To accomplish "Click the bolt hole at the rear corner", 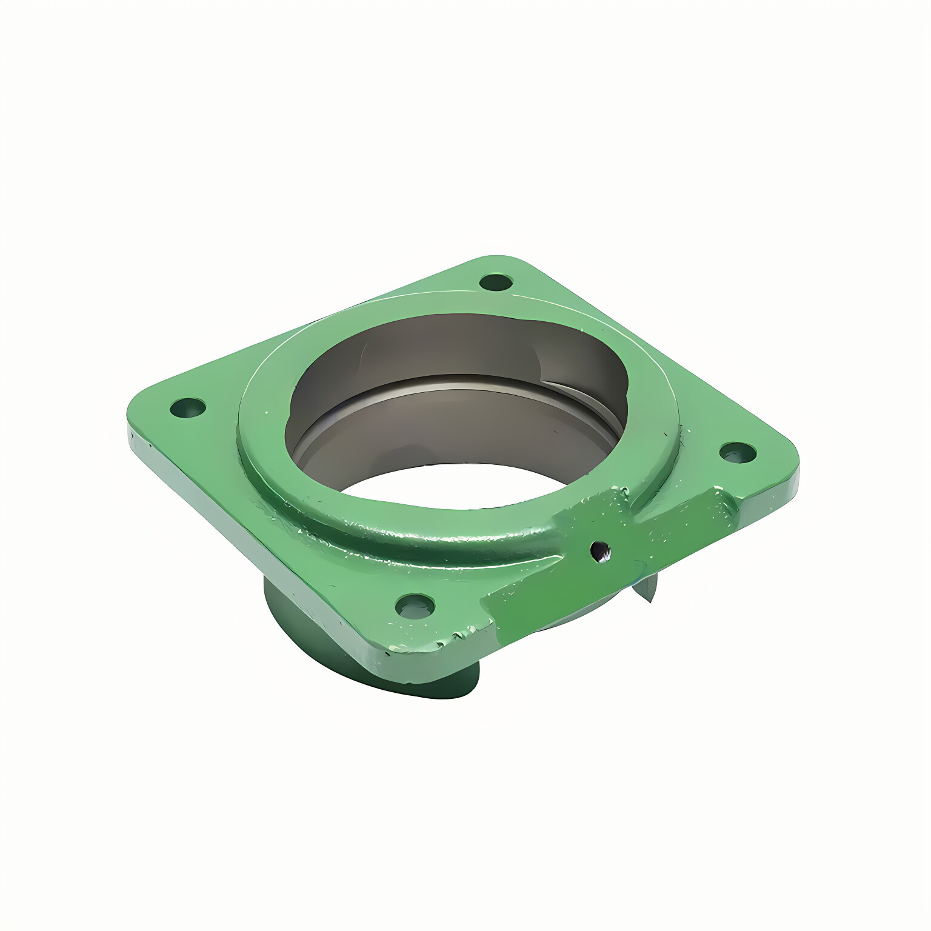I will (x=496, y=282).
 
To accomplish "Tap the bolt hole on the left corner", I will (x=188, y=408).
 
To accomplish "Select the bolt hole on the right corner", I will (x=737, y=452).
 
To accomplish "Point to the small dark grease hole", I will (x=600, y=550).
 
